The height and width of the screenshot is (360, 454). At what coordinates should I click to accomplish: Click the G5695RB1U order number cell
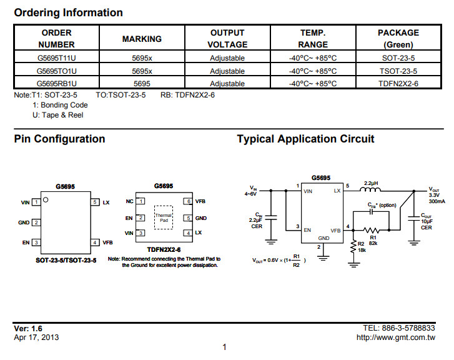click(x=56, y=84)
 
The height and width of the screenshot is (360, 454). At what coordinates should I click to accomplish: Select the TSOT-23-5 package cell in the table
click(x=398, y=71)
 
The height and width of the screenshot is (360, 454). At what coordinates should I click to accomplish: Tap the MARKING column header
click(x=142, y=39)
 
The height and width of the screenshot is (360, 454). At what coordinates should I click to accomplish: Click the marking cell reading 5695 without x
click(x=142, y=84)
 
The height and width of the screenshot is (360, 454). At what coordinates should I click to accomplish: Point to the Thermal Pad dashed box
click(x=164, y=217)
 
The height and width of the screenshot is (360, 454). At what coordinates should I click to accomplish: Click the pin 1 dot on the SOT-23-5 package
click(x=46, y=200)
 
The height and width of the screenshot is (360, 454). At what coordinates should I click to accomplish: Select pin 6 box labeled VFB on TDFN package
click(x=188, y=201)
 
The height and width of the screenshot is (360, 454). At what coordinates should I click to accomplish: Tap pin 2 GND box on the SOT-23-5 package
click(x=36, y=222)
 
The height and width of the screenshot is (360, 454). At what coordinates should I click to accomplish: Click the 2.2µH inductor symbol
click(x=370, y=189)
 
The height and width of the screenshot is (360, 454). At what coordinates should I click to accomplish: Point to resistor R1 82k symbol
click(x=371, y=231)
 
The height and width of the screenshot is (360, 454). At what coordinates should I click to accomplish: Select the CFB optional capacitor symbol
click(x=371, y=212)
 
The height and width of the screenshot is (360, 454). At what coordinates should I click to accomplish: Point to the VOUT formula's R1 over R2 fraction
click(x=296, y=261)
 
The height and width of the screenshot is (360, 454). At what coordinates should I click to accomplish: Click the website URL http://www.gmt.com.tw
click(x=396, y=337)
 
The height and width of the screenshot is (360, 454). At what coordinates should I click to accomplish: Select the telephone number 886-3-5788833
click(x=408, y=328)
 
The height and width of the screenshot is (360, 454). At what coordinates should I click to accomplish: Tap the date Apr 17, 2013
click(x=36, y=337)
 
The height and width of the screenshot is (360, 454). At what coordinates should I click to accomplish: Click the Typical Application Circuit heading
click(x=305, y=139)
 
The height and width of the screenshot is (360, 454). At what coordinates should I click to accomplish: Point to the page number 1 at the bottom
click(x=224, y=347)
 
